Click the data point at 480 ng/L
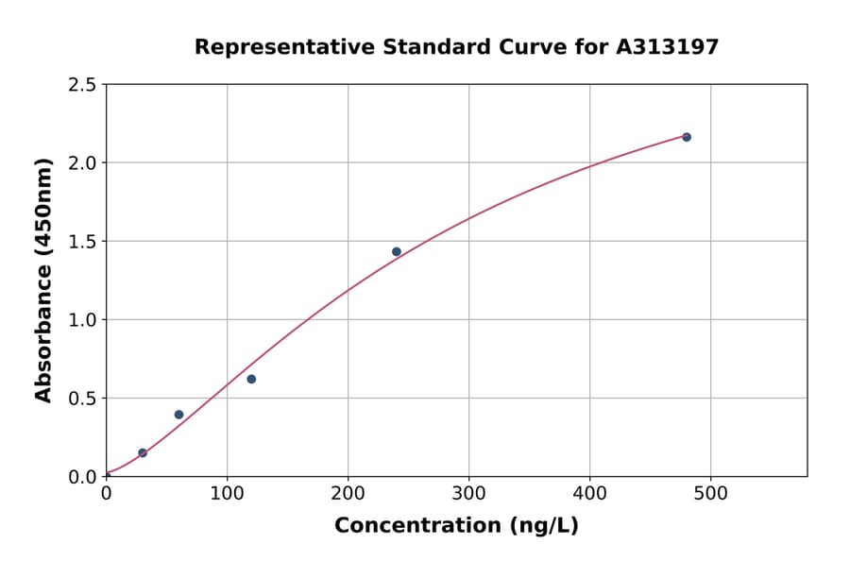687,137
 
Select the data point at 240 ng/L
397,251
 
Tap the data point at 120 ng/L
251,379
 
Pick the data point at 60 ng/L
178,415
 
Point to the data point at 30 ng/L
143,452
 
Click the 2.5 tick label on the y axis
83,85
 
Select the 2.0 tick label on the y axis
83,163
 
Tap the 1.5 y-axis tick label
83,242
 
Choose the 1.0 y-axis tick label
83,320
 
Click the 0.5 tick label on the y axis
83,399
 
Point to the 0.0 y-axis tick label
83,477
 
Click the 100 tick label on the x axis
227,493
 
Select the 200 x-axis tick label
348,493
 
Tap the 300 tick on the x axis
468,493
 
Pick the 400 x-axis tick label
589,493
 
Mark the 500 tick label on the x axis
710,493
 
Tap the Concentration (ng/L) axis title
456,525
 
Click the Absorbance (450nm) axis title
43,280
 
